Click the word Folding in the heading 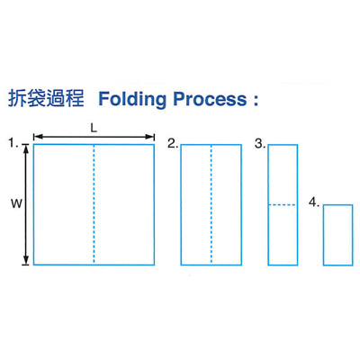click(x=132, y=99)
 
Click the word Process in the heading click(x=210, y=99)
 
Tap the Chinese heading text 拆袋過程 click(x=46, y=98)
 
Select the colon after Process click(x=256, y=99)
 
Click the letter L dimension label click(x=94, y=129)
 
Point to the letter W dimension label click(x=17, y=204)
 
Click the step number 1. click(x=13, y=143)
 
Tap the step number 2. click(x=173, y=144)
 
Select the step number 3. click(x=260, y=144)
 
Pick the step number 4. click(x=314, y=202)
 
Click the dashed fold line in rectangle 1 click(x=94, y=204)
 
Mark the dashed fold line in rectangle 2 click(x=211, y=204)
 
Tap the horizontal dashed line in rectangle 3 click(x=283, y=205)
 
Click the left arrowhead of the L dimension click(x=37, y=137)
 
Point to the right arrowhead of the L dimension click(x=150, y=137)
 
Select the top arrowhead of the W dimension click(x=26, y=148)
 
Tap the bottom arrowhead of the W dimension click(x=26, y=261)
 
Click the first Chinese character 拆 click(x=17, y=98)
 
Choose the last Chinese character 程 click(x=75, y=98)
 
